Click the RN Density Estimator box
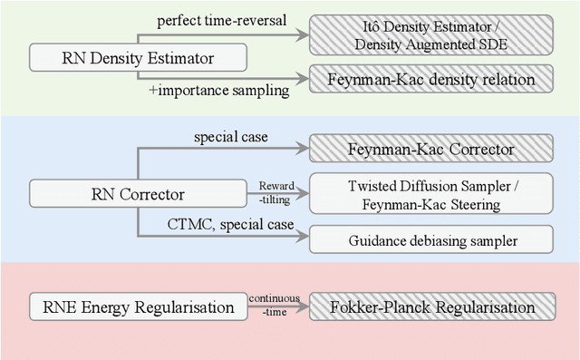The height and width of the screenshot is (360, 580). click(138, 58)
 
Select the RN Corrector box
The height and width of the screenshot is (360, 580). click(138, 192)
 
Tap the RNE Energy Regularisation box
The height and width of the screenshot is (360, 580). click(138, 307)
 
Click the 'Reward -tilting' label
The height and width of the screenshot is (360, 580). click(275, 191)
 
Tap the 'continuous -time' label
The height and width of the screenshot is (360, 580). click(275, 306)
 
